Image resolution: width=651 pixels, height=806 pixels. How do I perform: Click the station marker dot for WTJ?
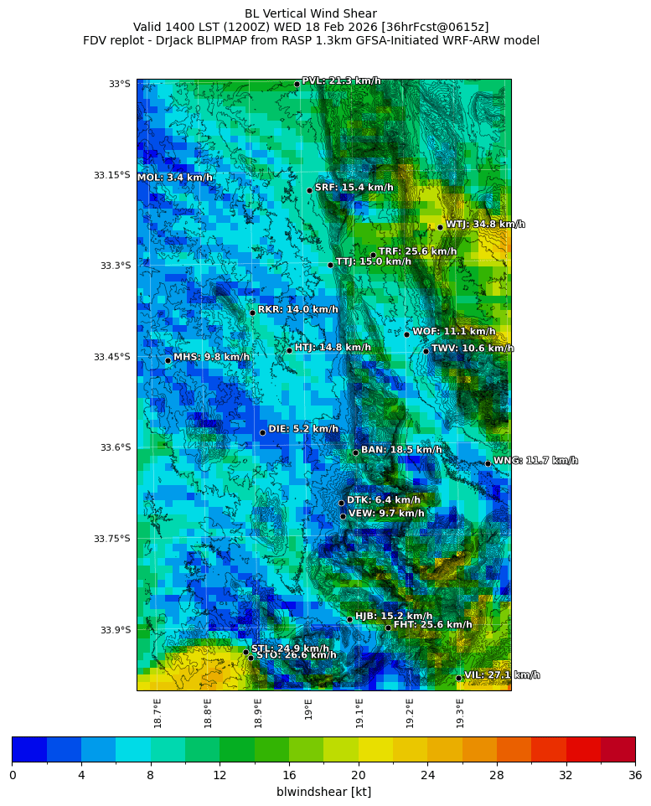point(440,227)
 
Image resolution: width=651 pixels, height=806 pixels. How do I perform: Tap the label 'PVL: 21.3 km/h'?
point(341,81)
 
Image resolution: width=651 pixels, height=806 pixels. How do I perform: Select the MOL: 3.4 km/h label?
point(174,178)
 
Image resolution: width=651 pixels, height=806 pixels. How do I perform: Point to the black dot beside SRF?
point(309,190)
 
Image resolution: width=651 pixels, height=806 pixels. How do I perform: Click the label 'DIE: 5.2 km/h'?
point(303,429)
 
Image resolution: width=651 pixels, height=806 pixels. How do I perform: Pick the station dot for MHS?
point(168,360)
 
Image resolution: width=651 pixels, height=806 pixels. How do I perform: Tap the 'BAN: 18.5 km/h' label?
point(401,450)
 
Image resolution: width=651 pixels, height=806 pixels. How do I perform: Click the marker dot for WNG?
point(488,463)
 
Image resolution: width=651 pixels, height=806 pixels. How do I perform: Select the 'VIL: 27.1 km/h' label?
point(502,674)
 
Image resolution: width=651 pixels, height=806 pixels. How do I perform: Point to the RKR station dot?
point(252,313)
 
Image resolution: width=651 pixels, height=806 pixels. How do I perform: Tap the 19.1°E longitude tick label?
point(359,713)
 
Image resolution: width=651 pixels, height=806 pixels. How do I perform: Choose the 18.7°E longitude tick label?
point(158,713)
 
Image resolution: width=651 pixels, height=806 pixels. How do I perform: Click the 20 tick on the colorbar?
point(359,775)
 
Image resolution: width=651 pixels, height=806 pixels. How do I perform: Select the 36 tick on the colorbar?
point(635,775)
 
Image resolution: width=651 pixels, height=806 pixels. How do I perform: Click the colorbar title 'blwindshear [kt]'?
point(323,792)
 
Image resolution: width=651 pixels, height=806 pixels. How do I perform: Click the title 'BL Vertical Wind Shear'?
point(311,13)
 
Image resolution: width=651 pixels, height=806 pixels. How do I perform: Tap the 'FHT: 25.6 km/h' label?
point(432,624)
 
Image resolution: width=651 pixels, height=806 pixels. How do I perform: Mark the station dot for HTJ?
point(289,350)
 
